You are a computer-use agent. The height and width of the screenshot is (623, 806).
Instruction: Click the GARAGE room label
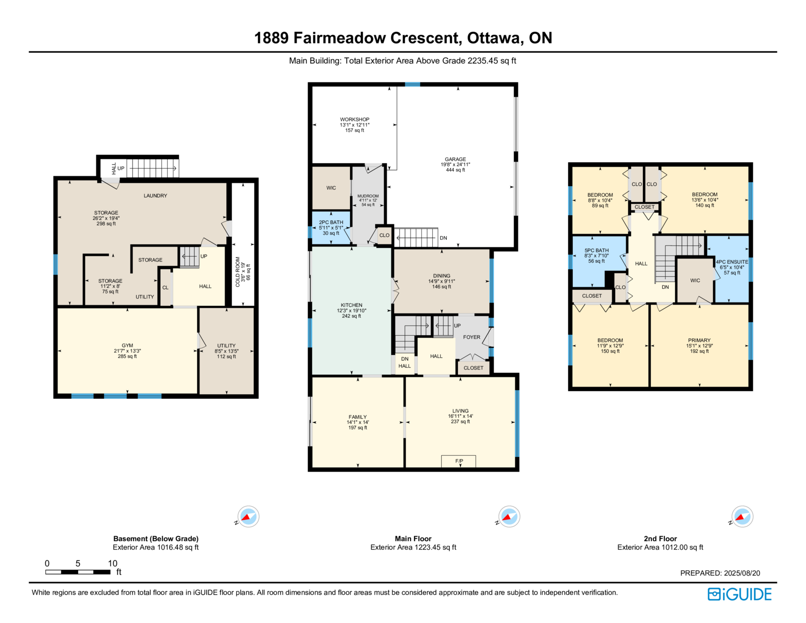point(455,159)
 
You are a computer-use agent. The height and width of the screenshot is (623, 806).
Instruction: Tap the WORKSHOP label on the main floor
point(355,119)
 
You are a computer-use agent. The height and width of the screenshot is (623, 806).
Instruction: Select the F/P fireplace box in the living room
point(458,461)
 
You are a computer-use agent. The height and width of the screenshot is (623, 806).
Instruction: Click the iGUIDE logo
point(739,594)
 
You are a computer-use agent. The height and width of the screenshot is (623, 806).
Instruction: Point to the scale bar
point(78,572)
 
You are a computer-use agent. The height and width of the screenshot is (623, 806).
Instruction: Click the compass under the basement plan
point(248,517)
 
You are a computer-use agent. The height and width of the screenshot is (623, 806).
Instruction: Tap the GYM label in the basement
point(127,345)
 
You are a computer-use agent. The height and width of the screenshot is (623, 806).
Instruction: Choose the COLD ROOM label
point(238,272)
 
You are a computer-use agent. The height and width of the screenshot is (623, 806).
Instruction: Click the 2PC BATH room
point(331,227)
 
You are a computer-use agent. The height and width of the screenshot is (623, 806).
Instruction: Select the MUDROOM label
point(368,196)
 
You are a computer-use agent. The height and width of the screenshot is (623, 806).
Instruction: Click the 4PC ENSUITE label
point(732,262)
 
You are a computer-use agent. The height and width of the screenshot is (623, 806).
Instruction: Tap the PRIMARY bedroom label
point(699,340)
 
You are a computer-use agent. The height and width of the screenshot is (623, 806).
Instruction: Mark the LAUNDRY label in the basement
point(156,196)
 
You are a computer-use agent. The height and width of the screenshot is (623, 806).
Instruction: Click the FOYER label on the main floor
point(472,337)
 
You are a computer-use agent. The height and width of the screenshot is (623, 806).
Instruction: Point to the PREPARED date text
point(720,573)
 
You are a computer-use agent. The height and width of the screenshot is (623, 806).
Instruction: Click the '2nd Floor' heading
point(660,538)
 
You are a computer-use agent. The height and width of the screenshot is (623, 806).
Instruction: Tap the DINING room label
point(441,276)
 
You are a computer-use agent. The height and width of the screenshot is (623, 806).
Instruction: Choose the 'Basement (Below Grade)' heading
point(156,538)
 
